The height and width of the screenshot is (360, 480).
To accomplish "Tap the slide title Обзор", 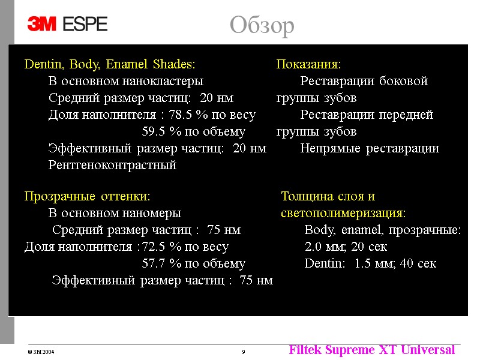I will [262, 26].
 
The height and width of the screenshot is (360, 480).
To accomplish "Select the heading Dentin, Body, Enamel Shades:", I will [109, 64].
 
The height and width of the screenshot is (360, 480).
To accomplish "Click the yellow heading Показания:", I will [308, 64].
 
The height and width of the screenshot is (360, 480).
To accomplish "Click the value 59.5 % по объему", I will [193, 131].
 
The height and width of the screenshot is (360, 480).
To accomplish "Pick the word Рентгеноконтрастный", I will [112, 165].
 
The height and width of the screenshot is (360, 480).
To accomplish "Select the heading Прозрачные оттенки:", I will [87, 196].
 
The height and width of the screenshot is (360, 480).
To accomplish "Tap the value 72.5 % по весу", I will [185, 247].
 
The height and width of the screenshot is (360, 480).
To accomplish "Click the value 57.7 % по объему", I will [193, 263].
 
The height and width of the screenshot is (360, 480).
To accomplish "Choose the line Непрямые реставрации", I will [370, 148].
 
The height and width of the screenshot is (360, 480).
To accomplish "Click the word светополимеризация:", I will [343, 213].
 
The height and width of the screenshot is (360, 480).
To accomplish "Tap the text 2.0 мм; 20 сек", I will [346, 247].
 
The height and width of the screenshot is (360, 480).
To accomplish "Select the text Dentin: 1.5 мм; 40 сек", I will [370, 263].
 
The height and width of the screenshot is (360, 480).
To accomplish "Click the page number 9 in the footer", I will [243, 352].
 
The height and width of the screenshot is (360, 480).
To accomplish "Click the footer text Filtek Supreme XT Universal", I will [371, 350].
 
